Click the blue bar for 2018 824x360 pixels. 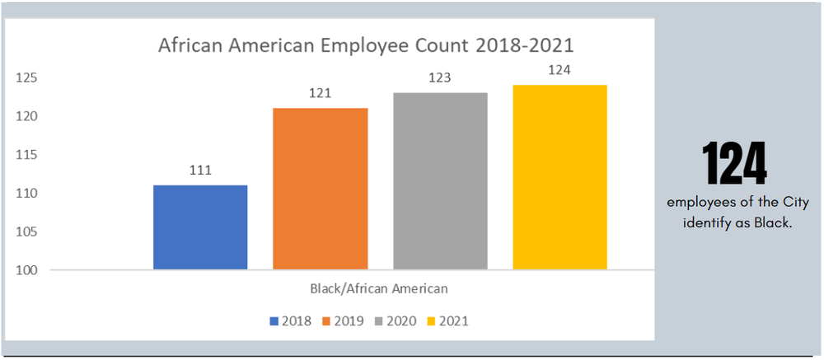click(200, 227)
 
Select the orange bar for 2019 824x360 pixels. click(321, 189)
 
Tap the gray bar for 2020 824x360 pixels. click(440, 181)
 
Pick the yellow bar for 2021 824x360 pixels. click(560, 177)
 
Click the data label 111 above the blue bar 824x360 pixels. click(200, 171)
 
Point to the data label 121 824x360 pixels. click(321, 93)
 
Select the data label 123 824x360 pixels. click(440, 78)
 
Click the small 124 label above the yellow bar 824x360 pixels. click(560, 70)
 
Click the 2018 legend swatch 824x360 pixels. click(274, 320)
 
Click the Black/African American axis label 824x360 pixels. click(379, 288)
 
